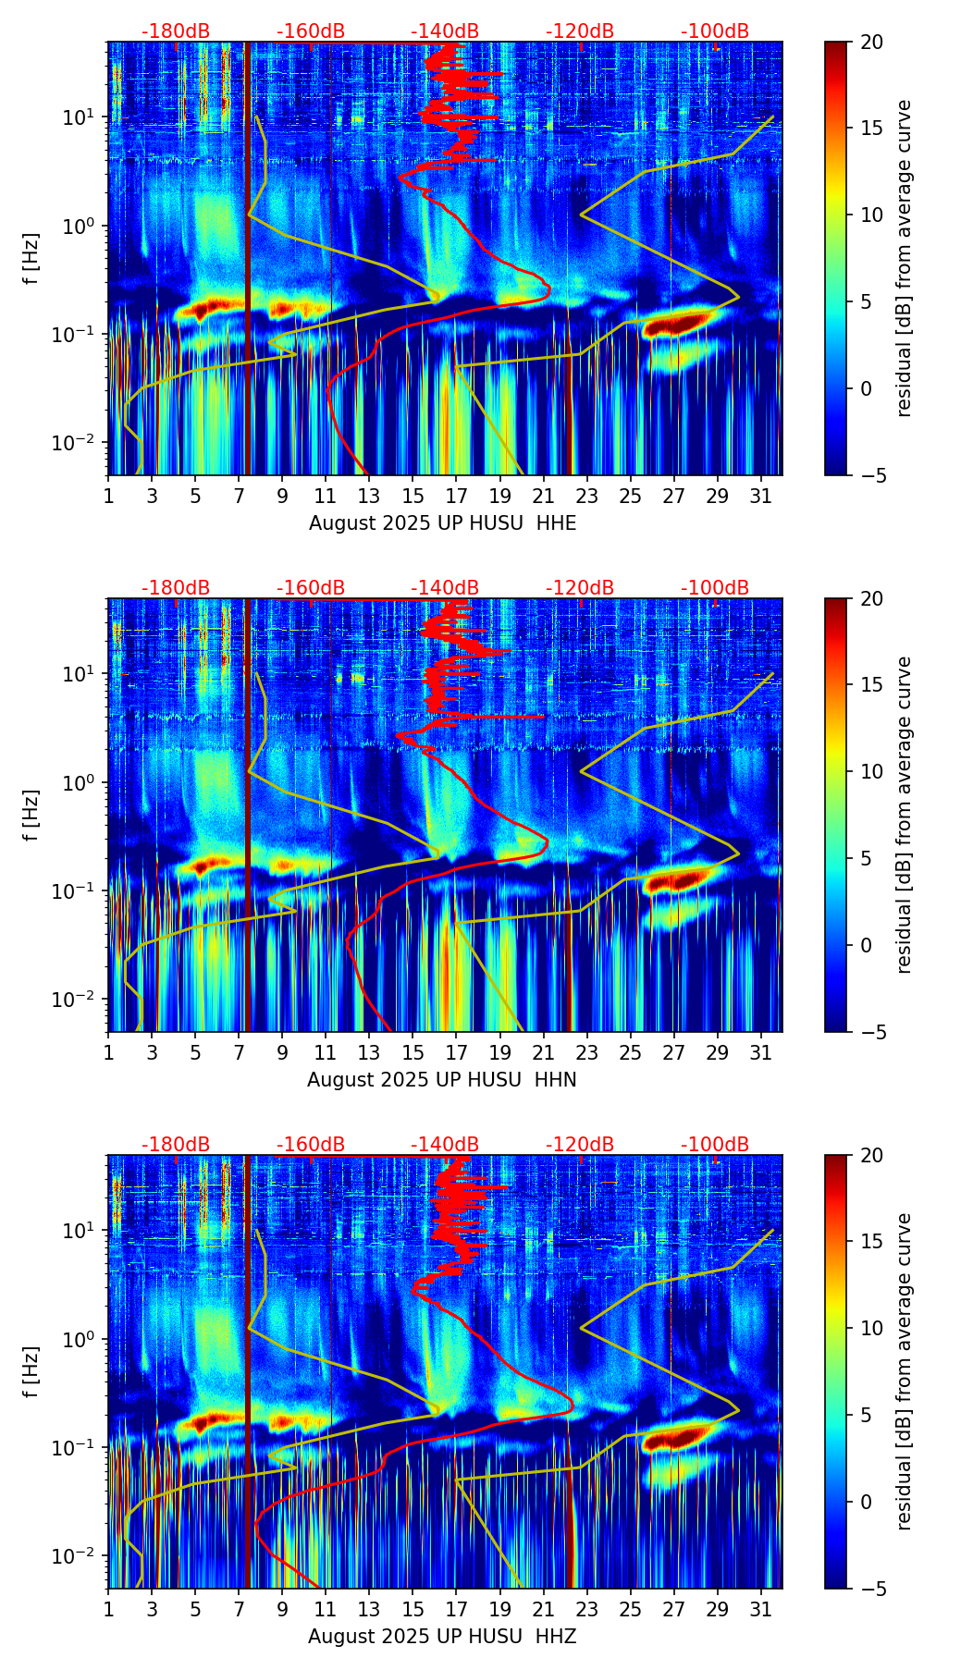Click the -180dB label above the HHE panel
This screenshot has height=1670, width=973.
pyautogui.click(x=176, y=31)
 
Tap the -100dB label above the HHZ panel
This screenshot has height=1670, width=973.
pyautogui.click(x=715, y=1145)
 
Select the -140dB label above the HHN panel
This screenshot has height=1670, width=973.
pyautogui.click(x=445, y=588)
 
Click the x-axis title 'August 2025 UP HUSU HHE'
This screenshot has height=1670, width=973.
pyautogui.click(x=442, y=523)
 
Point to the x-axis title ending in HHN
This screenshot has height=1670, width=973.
pyautogui.click(x=442, y=1080)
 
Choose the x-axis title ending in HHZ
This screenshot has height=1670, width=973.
pyautogui.click(x=442, y=1637)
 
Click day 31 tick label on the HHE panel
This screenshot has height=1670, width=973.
pyautogui.click(x=761, y=497)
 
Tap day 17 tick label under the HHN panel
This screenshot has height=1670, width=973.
pyautogui.click(x=456, y=1053)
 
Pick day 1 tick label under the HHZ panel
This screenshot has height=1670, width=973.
pyautogui.click(x=108, y=1610)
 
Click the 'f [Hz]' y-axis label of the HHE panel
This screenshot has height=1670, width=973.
pyautogui.click(x=32, y=258)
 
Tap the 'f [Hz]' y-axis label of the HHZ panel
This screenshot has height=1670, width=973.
pyautogui.click(x=32, y=1371)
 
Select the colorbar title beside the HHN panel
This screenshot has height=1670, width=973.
pyautogui.click(x=905, y=815)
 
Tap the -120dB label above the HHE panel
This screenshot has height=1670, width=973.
pyautogui.click(x=580, y=31)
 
